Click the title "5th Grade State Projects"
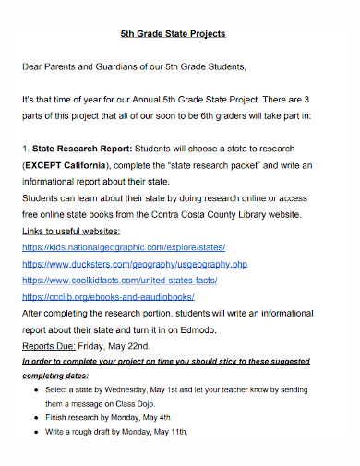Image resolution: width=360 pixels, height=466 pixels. coord(173,33)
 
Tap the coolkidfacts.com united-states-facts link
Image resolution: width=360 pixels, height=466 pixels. coord(120,281)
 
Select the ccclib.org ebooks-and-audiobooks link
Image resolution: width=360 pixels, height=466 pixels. coord(108,297)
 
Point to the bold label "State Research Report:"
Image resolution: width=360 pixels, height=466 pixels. coord(83,148)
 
